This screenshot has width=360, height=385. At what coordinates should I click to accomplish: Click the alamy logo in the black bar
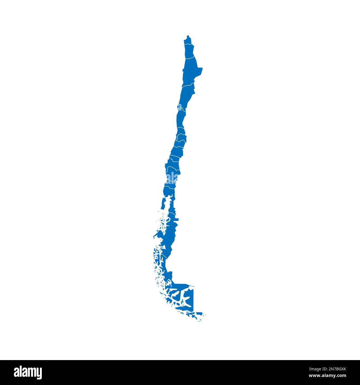pos(28,372)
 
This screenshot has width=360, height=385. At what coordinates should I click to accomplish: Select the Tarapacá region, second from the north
pos(189,51)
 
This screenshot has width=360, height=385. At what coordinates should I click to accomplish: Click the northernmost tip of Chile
pos(188,35)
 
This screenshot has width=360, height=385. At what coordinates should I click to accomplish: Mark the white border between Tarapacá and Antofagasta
pos(189,58)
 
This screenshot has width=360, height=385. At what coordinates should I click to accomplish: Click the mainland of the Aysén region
pos(169,235)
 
